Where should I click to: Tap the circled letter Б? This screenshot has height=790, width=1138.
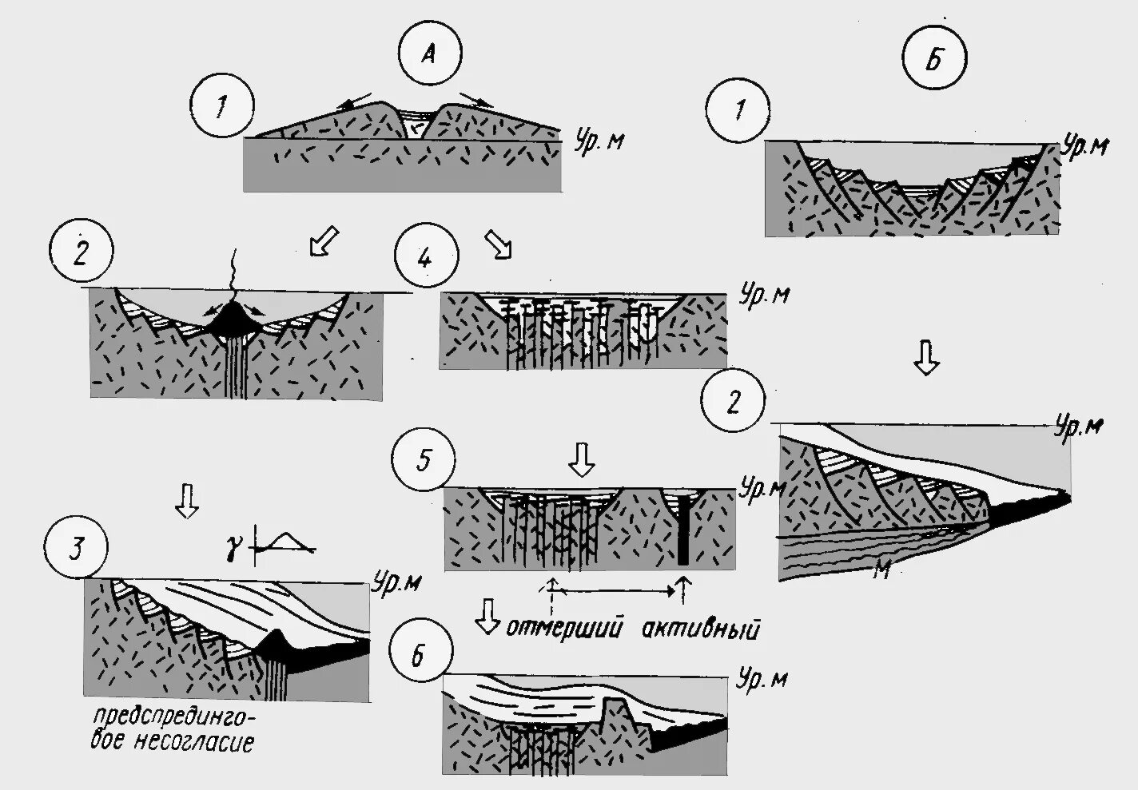click(933, 60)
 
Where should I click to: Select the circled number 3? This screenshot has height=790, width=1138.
click(77, 550)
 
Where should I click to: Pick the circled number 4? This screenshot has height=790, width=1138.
click(426, 258)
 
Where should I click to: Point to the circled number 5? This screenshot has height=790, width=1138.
click(424, 460)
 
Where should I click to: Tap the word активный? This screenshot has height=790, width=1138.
click(700, 629)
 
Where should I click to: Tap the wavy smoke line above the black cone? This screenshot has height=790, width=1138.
click(229, 272)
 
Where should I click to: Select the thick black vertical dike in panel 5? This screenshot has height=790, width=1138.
click(683, 531)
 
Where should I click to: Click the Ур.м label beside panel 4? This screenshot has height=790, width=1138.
click(765, 294)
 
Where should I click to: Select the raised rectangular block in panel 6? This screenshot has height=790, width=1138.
click(615, 712)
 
